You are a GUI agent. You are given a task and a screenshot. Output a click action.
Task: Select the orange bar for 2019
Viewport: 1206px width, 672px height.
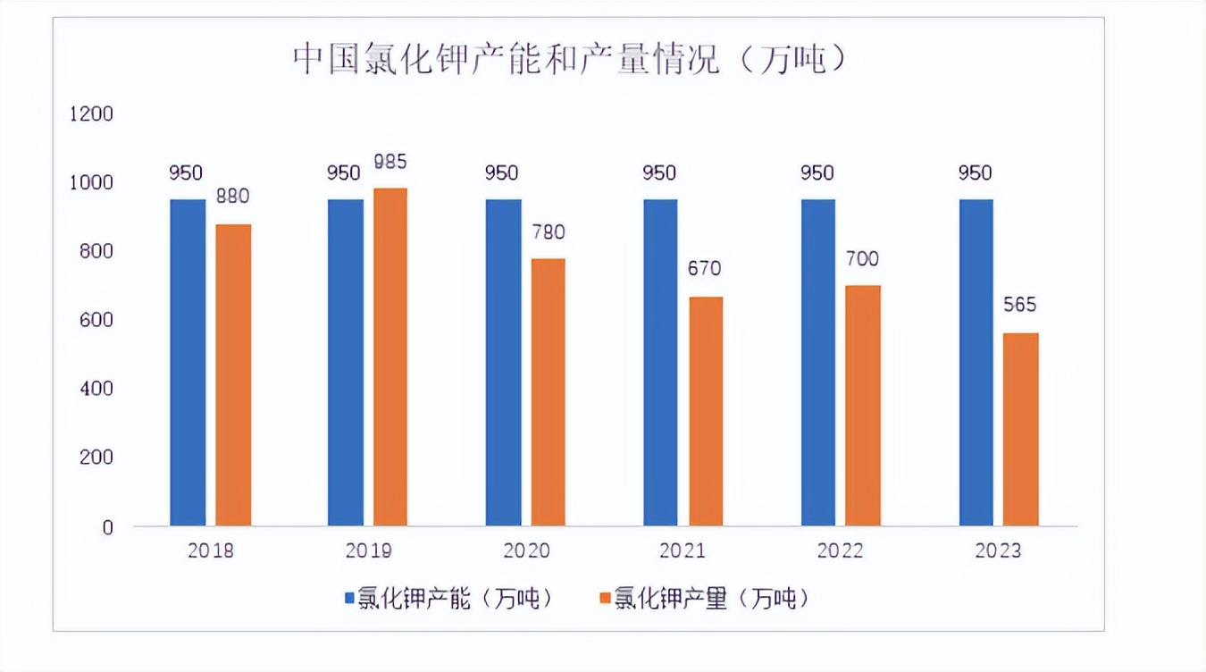[390, 357]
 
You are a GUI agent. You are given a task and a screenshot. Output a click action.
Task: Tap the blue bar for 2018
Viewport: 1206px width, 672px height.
[188, 362]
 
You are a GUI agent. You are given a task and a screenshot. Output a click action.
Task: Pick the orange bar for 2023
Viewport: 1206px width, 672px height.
[1021, 429]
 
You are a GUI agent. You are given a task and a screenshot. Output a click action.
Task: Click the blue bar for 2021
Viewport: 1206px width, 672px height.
[660, 362]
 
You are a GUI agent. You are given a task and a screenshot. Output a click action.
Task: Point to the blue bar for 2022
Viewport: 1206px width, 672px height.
[818, 362]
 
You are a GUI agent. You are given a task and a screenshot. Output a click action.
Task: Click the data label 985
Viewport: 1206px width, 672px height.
[390, 163]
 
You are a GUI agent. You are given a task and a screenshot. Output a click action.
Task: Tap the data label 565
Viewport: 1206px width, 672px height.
[1020, 306]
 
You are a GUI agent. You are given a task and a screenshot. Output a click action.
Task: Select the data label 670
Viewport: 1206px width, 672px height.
[706, 268]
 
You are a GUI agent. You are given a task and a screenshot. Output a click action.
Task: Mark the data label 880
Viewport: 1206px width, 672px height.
[232, 197]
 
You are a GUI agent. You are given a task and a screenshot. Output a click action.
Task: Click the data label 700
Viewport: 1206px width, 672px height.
[863, 259]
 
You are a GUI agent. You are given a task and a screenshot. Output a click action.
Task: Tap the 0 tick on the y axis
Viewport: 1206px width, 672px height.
[108, 526]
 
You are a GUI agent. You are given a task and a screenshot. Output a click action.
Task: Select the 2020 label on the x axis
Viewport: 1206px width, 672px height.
[526, 550]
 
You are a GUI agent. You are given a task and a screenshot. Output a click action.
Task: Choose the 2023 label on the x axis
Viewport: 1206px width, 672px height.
[998, 550]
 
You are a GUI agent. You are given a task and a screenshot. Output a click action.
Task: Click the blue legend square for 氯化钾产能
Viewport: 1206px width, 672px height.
[350, 598]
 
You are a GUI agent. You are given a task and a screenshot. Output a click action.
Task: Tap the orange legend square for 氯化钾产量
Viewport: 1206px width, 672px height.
[606, 598]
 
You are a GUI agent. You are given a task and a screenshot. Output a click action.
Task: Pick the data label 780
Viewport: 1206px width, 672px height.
[549, 231]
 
